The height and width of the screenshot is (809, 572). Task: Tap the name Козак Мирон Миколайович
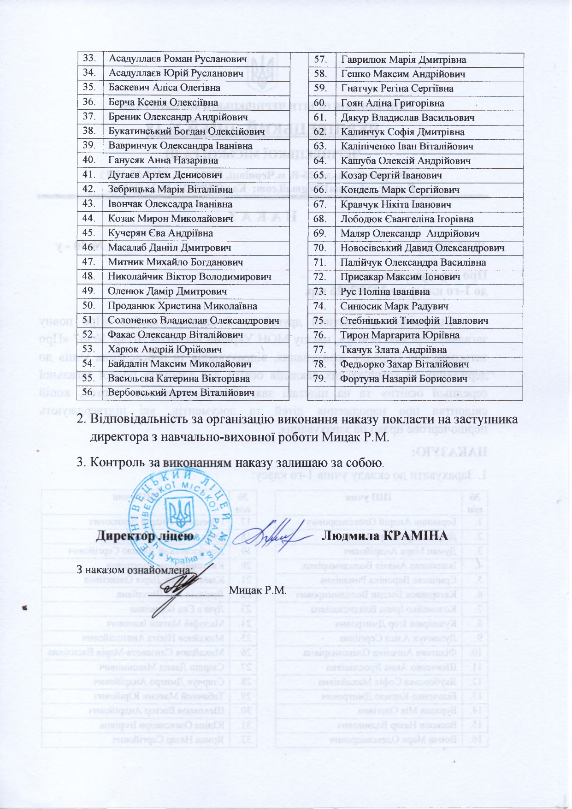170,219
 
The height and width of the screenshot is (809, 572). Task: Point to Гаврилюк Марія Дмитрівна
403,59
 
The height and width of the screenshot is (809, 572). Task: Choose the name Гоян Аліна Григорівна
392,103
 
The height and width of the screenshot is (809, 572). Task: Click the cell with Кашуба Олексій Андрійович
406,161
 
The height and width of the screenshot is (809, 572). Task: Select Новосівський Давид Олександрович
422,248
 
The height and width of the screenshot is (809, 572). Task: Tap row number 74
320,306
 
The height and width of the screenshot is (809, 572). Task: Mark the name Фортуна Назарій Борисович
404,379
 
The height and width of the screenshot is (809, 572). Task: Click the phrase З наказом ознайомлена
133,570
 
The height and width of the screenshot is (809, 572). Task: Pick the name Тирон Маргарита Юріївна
400,335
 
